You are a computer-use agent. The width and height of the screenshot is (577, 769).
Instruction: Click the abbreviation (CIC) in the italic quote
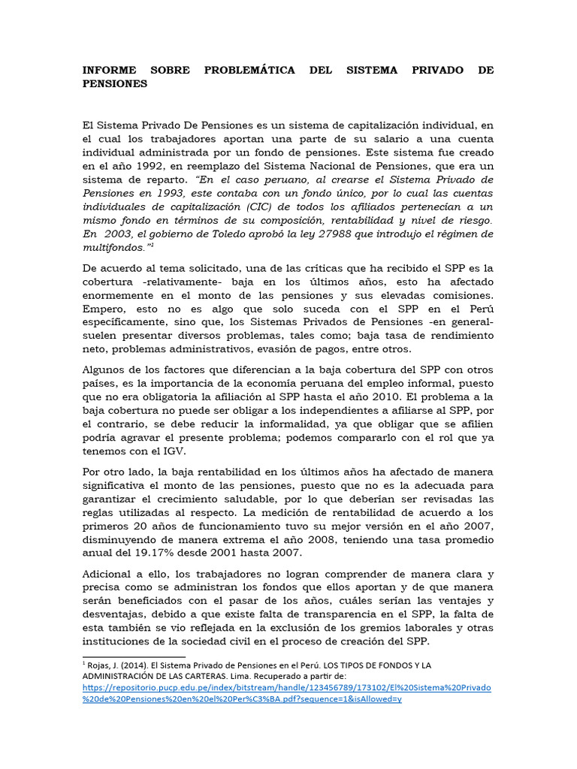(257, 207)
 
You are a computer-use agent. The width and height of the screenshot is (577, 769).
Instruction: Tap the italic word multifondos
(112, 247)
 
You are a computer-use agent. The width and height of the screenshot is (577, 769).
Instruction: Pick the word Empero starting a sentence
(104, 309)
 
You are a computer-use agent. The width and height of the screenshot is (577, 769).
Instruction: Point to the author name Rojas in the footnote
(101, 665)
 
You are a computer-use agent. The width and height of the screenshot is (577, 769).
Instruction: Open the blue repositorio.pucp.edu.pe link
(286, 687)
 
